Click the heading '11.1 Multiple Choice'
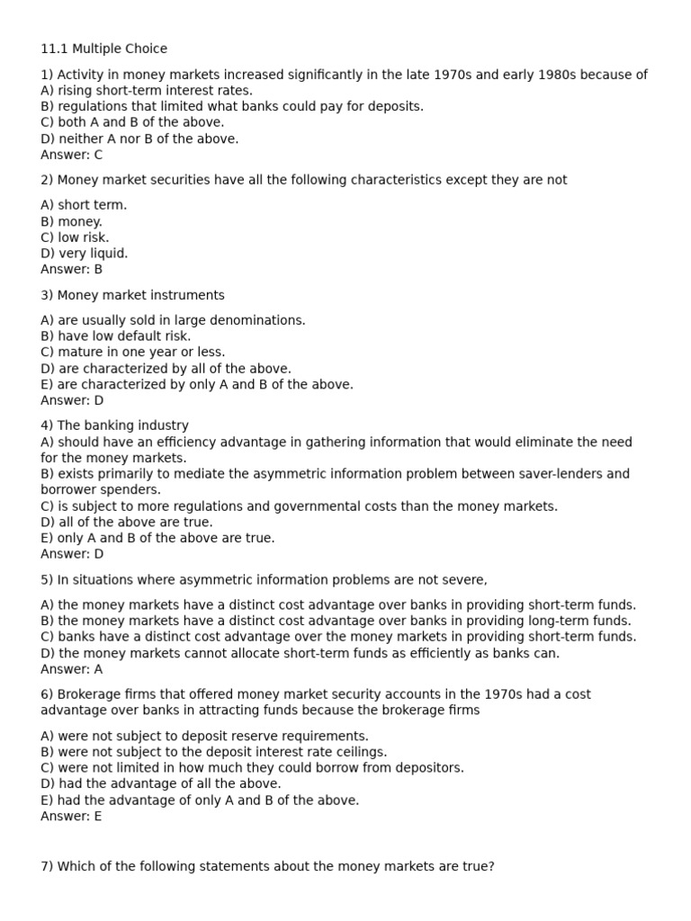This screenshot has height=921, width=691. pos(103,49)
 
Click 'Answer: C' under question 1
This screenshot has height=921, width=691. pos(72,155)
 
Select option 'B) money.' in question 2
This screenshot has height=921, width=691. pos(72,221)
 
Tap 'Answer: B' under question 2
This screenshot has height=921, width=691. pos(72,269)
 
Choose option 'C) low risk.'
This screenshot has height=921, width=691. pos(75,237)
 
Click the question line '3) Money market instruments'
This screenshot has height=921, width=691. pos(132,295)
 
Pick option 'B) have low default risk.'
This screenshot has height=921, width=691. pos(116,336)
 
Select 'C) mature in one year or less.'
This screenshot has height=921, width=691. pos(133,353)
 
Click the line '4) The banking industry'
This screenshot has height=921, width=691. pos(114,425)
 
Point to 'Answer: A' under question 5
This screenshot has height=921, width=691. pos(72,669)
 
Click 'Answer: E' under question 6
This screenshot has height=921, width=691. pos(71,816)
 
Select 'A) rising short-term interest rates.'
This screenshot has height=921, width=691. pos(147,90)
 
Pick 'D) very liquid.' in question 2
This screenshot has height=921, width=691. pos(85,254)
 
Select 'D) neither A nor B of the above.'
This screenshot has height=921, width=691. pos(139,139)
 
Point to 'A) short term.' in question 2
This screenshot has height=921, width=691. pos(84,205)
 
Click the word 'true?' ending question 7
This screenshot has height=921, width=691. pos(477,867)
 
